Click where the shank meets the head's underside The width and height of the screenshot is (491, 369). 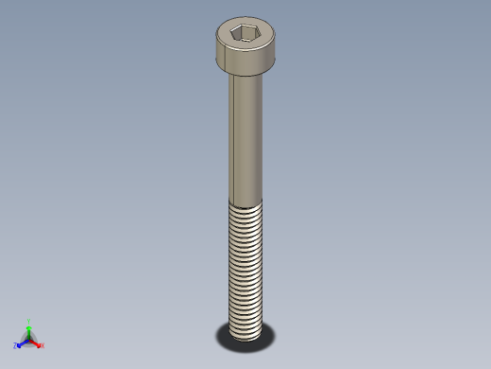(x=247, y=76)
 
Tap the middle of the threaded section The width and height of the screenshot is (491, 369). (x=246, y=270)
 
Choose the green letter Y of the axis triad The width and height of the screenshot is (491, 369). (x=30, y=321)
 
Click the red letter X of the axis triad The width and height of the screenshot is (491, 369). (x=42, y=346)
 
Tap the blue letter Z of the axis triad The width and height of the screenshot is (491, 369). (x=16, y=346)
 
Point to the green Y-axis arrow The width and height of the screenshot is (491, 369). (x=29, y=330)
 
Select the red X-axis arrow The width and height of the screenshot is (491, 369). (x=36, y=343)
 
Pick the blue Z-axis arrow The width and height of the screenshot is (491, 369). (x=23, y=343)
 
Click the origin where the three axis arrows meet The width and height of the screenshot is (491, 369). (x=29, y=339)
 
